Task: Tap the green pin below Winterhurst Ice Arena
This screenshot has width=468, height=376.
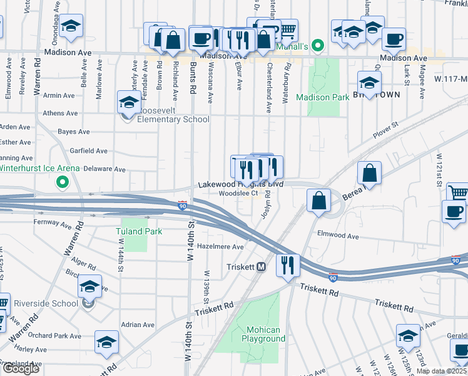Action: click(x=62, y=183)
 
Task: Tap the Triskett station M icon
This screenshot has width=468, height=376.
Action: click(x=262, y=266)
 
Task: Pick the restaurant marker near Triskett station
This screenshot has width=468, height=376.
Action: click(x=288, y=264)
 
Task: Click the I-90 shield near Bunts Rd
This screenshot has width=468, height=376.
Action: click(x=182, y=206)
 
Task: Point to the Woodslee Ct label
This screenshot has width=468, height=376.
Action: click(x=238, y=194)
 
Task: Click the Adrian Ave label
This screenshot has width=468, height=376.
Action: click(x=138, y=325)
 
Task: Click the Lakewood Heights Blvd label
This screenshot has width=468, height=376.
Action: click(x=241, y=185)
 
